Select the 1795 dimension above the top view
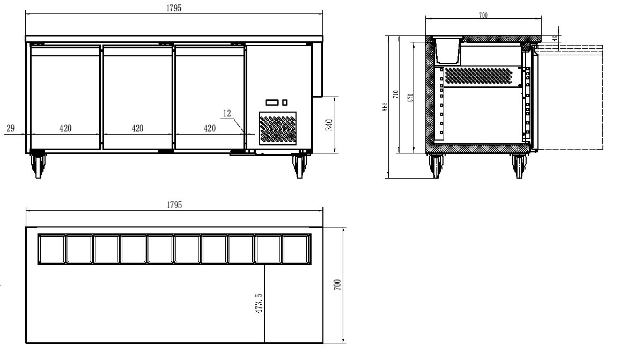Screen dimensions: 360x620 pyautogui.click(x=174, y=205)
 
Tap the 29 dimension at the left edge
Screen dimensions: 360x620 pyautogui.click(x=10, y=128)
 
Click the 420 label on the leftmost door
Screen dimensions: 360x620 pyautogui.click(x=65, y=128)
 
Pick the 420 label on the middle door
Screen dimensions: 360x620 pyautogui.click(x=137, y=128)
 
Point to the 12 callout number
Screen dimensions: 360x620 pyautogui.click(x=226, y=113)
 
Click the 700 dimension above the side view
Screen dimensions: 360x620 pyautogui.click(x=483, y=16)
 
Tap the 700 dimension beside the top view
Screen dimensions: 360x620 pyautogui.click(x=337, y=285)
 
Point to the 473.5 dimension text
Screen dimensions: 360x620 pyautogui.click(x=259, y=303)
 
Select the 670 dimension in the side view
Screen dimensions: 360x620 pyautogui.click(x=410, y=97)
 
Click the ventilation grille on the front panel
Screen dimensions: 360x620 pyautogui.click(x=278, y=128)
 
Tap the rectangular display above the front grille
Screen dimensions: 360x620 pyautogui.click(x=272, y=102)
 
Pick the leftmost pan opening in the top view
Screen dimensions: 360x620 pyautogui.click(x=51, y=249)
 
